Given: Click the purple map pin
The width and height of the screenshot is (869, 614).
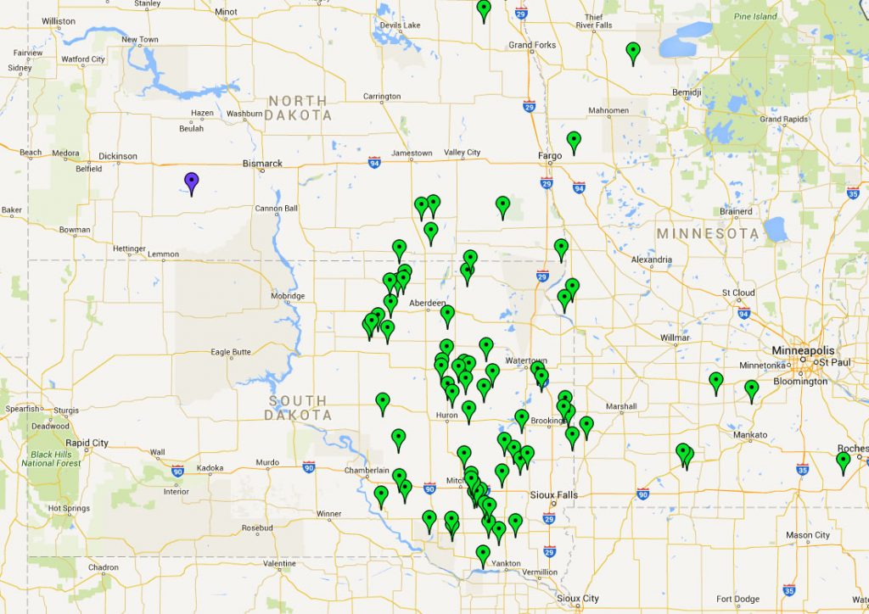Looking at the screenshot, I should pos(192,181).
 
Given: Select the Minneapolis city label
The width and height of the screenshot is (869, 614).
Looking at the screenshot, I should pos(803,350).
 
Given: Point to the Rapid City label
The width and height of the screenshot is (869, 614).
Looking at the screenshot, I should pos(88,443).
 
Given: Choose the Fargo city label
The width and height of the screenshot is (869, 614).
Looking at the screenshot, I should pos(551,156).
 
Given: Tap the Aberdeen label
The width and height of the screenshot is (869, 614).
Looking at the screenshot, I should pos(427,303).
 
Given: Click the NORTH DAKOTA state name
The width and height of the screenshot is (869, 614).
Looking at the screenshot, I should pos(298,108).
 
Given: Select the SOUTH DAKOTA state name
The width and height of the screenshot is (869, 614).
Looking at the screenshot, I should pos(298,408).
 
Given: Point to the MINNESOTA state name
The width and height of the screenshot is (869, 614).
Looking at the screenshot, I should pos(708,233).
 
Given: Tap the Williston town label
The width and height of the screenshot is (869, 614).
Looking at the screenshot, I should pos(59,20).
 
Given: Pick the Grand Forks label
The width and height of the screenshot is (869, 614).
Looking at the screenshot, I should pos(532,45).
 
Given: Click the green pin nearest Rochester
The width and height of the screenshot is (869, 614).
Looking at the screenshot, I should pos(843,461).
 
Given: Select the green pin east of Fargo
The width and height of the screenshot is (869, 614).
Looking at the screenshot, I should pos(574,140).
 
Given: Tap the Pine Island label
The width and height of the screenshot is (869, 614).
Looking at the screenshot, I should pos(755,16).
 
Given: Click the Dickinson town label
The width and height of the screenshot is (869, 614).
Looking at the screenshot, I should pos(118,156).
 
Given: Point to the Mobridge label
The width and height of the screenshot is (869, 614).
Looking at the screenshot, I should pos(288,296).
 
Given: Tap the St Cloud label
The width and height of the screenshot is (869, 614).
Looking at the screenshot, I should pos(738,293).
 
